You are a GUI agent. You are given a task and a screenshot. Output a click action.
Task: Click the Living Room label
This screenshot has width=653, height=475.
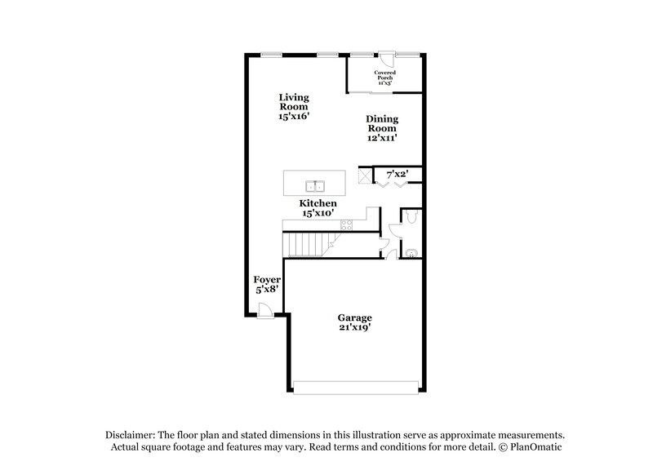(x=293, y=102)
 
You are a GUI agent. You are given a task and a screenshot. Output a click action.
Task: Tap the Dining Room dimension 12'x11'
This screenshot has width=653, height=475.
(x=381, y=138)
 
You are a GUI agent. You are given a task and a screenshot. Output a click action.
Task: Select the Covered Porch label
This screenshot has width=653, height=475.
(x=384, y=76)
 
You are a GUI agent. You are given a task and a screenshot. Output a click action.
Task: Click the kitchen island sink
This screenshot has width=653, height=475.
(x=314, y=184)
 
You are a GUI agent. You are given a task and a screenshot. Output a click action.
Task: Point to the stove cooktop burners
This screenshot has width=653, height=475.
(x=346, y=224)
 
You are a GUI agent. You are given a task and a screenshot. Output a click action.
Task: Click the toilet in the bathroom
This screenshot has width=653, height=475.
(x=412, y=216)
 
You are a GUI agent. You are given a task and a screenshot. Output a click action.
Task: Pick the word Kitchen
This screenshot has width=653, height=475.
(x=318, y=202)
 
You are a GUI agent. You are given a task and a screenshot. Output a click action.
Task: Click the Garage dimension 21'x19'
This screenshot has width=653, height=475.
(x=355, y=328)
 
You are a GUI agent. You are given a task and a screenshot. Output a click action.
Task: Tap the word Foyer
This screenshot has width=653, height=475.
(x=267, y=279)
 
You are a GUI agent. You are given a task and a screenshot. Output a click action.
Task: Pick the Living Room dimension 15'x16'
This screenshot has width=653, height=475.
(x=293, y=117)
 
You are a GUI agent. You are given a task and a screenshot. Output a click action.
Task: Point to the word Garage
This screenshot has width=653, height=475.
(x=355, y=317)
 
